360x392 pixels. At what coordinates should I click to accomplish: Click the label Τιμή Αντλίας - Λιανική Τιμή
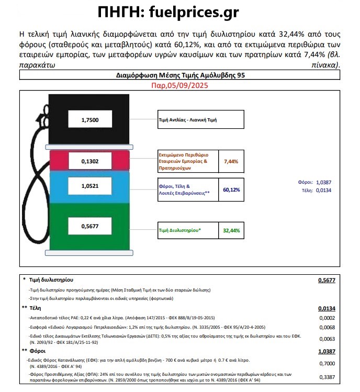pos(188,120)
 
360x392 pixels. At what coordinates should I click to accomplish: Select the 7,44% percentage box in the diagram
pos(231,162)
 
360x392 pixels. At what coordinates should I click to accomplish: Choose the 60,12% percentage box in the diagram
pos(231,189)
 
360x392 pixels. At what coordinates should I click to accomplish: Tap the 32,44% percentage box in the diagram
pos(231,230)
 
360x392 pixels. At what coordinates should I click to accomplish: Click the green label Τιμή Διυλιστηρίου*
pos(179,230)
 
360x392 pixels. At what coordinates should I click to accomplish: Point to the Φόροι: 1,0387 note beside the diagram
pos(313,182)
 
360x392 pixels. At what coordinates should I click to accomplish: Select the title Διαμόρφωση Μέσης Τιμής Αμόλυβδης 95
pos(179,75)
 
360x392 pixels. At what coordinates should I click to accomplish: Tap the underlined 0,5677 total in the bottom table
pos(326,280)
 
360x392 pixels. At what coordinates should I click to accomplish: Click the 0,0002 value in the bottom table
pos(327,318)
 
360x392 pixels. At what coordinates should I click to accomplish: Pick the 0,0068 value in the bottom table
pos(327,327)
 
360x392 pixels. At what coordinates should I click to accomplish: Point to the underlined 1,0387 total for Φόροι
pos(326,351)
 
